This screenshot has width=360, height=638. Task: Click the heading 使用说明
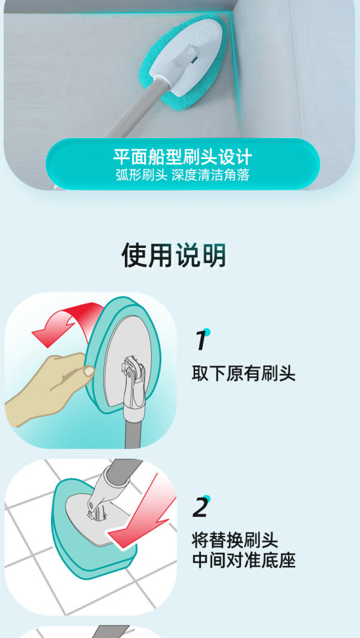tap(173, 256)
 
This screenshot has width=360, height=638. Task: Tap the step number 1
tap(200, 340)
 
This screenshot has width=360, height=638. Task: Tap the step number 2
tap(200, 507)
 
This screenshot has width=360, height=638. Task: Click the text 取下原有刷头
tap(243, 373)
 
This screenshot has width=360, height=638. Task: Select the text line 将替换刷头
tap(235, 541)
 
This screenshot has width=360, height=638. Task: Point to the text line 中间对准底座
tap(243, 560)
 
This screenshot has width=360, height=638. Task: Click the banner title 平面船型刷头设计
tap(182, 157)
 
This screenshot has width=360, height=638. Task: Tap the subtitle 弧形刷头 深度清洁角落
tap(182, 175)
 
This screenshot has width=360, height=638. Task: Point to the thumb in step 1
tap(88, 371)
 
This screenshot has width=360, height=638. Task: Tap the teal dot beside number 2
tap(207, 498)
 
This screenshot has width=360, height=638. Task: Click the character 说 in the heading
tap(187, 256)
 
